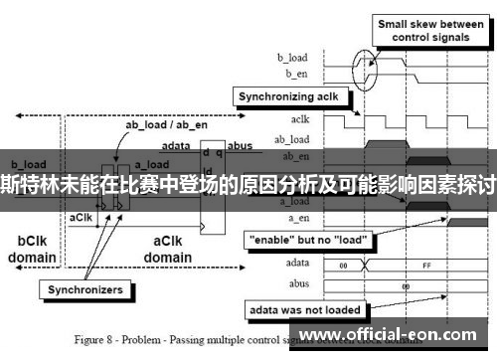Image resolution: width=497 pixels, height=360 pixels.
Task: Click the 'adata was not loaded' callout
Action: click(x=305, y=308)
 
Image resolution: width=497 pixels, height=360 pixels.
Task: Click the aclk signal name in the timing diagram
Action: click(x=299, y=121)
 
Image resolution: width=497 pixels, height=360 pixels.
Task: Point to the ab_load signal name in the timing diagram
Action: click(x=293, y=138)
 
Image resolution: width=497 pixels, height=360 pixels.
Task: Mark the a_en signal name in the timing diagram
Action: click(x=297, y=217)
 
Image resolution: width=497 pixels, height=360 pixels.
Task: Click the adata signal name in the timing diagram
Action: click(x=295, y=263)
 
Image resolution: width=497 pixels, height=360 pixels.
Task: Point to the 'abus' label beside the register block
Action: click(x=241, y=145)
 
